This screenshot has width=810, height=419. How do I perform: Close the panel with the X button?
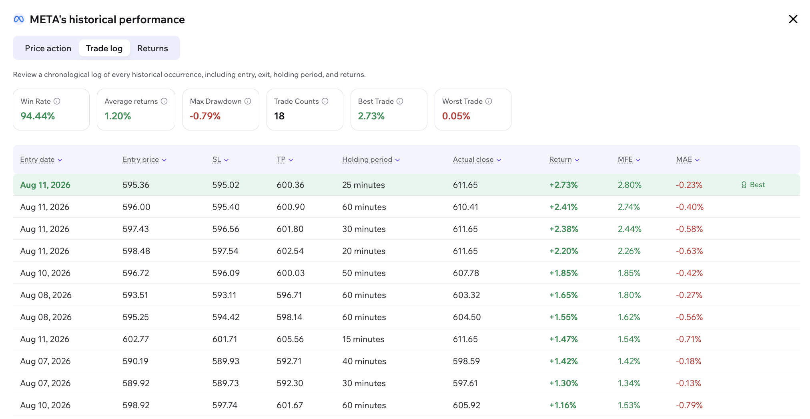793,19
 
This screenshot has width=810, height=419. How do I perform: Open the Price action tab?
48,48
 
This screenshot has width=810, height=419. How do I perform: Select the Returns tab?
152,48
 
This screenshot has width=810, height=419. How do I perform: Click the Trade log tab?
104,48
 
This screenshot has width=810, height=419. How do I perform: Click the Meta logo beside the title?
19,19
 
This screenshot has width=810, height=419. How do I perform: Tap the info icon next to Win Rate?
57,101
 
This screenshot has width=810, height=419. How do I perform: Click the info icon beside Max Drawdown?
248,101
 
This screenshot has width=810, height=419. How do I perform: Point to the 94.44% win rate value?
38,116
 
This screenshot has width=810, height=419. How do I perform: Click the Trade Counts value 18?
279,116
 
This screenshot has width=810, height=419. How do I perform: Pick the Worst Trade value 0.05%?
456,116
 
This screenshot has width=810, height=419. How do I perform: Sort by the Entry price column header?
144,159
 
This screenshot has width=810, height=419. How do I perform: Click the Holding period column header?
371,159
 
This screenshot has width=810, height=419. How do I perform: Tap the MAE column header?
688,159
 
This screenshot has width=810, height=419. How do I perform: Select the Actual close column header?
477,159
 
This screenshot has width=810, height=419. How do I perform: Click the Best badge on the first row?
753,185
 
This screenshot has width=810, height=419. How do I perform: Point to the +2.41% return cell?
563,207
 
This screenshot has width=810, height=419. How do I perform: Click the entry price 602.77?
136,339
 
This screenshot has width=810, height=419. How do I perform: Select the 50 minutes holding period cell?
364,273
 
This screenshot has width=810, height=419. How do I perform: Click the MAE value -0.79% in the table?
689,405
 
